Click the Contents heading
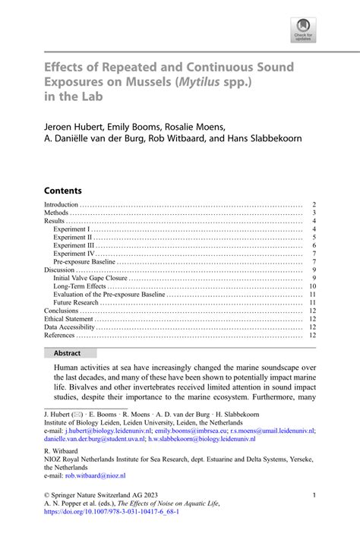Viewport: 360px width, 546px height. click(x=63, y=190)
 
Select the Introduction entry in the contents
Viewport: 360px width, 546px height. click(x=62, y=205)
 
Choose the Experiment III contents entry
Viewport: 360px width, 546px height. click(x=74, y=246)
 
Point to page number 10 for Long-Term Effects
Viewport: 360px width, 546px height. click(x=311, y=286)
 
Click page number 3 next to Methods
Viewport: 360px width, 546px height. click(x=313, y=213)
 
